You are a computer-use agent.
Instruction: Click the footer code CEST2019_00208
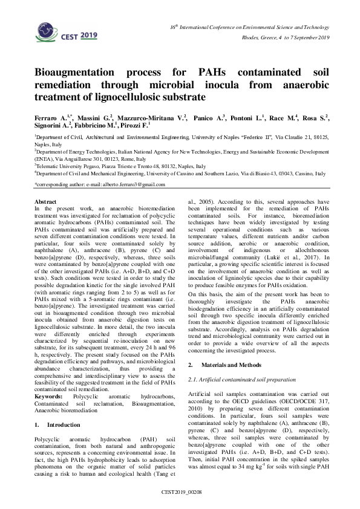(180, 493)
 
